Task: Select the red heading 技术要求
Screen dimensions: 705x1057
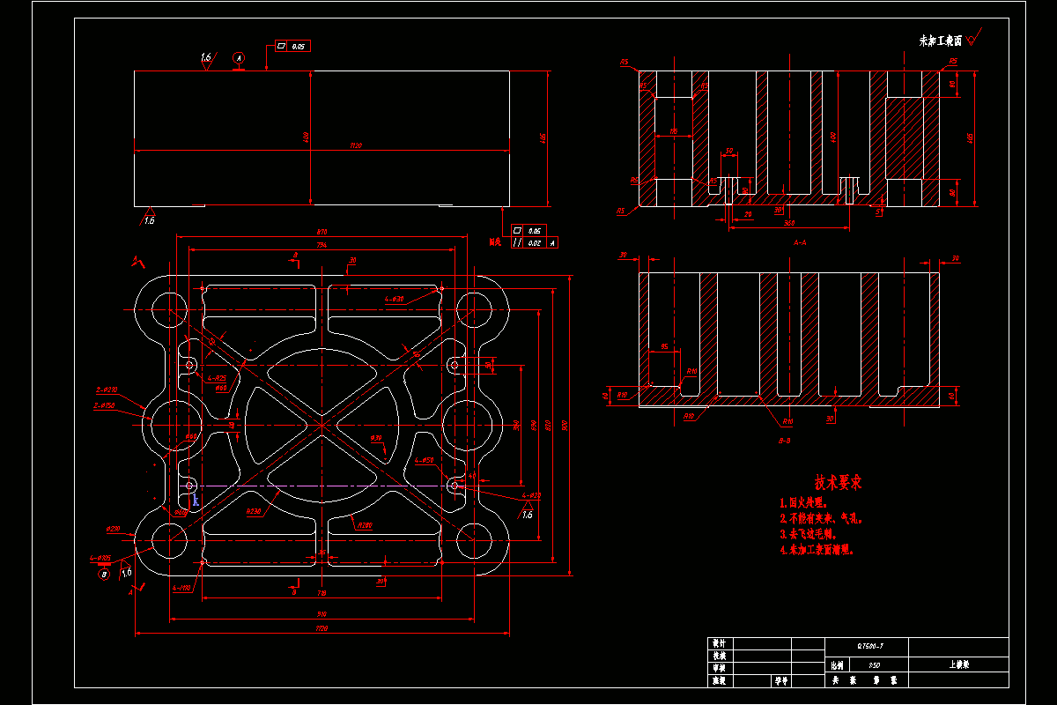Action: (838, 483)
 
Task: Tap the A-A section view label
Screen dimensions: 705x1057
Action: (801, 241)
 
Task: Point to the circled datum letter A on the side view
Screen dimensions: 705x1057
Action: (239, 58)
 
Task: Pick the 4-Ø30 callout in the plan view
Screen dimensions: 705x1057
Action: (394, 300)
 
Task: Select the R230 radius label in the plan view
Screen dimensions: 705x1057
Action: (253, 511)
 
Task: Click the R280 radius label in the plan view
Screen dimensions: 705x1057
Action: (364, 525)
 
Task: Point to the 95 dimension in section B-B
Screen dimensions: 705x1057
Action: (664, 346)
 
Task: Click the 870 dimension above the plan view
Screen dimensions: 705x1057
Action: (322, 232)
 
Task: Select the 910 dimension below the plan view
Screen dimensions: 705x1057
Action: (322, 614)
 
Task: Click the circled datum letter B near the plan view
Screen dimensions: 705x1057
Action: (104, 574)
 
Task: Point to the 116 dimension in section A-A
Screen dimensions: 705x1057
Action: (674, 132)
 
